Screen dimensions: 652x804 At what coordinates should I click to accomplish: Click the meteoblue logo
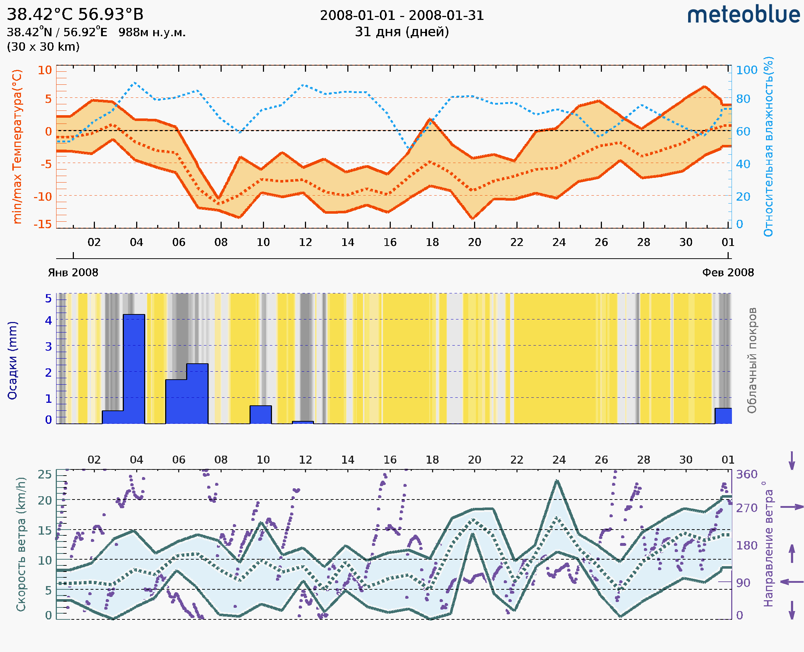click(x=743, y=15)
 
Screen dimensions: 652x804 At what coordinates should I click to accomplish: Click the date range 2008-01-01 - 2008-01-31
click(x=402, y=16)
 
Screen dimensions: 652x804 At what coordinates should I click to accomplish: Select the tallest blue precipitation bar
click(x=134, y=369)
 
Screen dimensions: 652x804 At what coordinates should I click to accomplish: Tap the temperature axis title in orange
click(x=17, y=146)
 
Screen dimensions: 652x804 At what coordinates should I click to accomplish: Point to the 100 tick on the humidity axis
click(x=746, y=70)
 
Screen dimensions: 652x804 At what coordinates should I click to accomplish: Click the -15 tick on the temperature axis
click(x=42, y=224)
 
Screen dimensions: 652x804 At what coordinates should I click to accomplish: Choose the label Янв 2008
click(x=73, y=273)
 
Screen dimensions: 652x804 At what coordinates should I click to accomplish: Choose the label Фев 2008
click(x=728, y=273)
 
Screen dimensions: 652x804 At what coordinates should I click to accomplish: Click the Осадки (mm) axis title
click(x=12, y=360)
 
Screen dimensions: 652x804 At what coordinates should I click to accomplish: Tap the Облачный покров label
click(x=751, y=360)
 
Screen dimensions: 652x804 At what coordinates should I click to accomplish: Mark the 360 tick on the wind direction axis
click(x=746, y=475)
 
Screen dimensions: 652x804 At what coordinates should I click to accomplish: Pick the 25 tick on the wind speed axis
click(x=45, y=475)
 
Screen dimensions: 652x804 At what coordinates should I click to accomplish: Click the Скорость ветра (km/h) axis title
click(x=21, y=544)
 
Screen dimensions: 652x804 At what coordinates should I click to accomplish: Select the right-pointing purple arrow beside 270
click(x=792, y=507)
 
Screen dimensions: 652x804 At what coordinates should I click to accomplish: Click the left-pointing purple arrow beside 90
click(x=792, y=582)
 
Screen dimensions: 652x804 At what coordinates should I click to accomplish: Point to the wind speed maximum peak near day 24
click(x=557, y=481)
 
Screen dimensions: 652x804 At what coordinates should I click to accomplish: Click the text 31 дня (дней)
click(x=402, y=32)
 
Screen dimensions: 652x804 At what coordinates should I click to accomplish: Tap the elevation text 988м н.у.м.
click(x=152, y=33)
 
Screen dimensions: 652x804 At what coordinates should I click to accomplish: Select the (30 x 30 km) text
click(x=43, y=47)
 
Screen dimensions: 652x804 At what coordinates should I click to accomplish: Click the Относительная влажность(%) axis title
click(x=768, y=146)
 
